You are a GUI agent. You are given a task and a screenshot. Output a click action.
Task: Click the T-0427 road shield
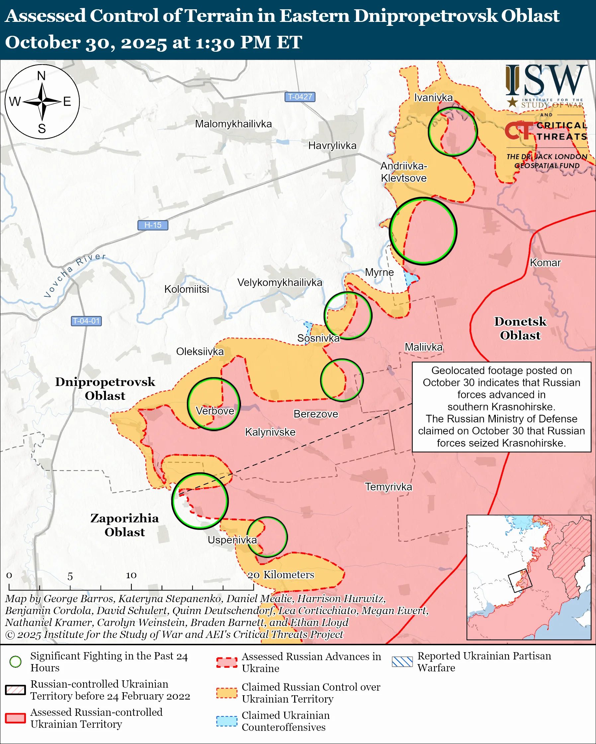pyautogui.click(x=299, y=96)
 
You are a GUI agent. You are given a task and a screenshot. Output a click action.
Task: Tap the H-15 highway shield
pyautogui.click(x=153, y=225)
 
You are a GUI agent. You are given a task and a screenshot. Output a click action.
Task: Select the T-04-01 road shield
pyautogui.click(x=86, y=321)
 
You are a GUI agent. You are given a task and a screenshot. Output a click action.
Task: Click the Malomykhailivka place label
pyautogui.click(x=233, y=124)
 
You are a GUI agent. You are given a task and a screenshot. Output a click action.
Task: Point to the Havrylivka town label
pyautogui.click(x=332, y=145)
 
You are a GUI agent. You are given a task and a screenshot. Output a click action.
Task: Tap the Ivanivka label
pyautogui.click(x=433, y=97)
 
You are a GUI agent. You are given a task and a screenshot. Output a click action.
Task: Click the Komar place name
pyautogui.click(x=545, y=263)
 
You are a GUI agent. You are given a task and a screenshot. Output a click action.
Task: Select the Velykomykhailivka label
pyautogui.click(x=280, y=282)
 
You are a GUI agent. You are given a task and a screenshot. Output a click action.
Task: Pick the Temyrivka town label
pyautogui.click(x=388, y=487)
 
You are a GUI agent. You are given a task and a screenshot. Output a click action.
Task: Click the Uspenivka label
pyautogui.click(x=232, y=540)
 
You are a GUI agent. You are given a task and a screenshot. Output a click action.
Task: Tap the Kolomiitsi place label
pyautogui.click(x=187, y=289)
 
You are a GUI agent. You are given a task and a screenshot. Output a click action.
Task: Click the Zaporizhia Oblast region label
pyautogui.click(x=125, y=525)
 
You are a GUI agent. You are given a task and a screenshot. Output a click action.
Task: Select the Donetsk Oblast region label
pyautogui.click(x=520, y=328)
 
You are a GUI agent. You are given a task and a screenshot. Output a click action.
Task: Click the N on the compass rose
pyautogui.click(x=42, y=76)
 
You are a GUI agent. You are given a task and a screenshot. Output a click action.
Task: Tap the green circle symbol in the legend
pyautogui.click(x=16, y=661)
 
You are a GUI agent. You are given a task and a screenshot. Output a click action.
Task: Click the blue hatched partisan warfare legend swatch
pyautogui.click(x=402, y=661)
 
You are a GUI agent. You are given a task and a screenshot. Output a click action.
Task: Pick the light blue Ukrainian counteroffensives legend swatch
pyautogui.click(x=227, y=721)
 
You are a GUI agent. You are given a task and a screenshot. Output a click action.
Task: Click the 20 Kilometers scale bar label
pyautogui.click(x=281, y=575)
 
